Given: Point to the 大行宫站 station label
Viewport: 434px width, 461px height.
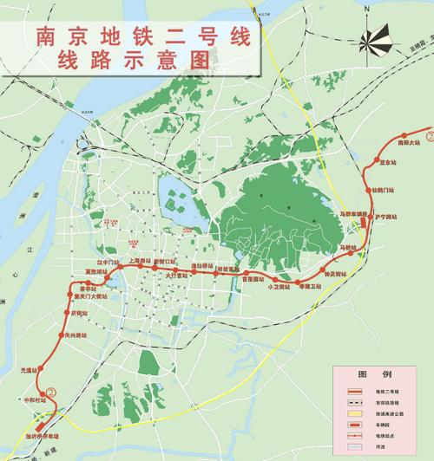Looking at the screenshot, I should [177, 276].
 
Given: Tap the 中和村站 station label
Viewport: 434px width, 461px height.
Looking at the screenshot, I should [35, 400].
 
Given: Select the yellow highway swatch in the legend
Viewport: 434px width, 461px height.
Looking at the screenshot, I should [354, 415].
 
